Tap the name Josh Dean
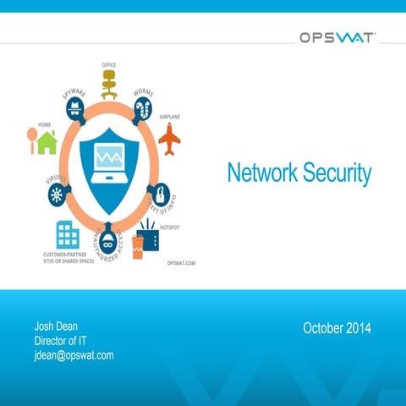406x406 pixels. tap(58, 326)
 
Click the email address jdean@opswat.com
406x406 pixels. tap(74, 355)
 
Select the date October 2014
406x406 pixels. tap(337, 327)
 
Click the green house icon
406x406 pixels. tap(47, 143)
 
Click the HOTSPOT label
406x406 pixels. tap(169, 228)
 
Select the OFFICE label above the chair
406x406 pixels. tap(108, 64)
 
